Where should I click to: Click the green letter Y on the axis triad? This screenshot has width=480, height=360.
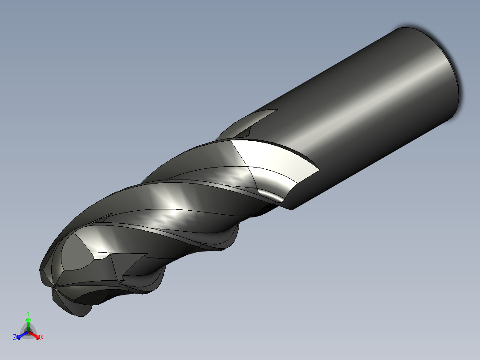(28, 313)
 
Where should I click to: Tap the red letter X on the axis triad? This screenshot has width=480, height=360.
(42, 337)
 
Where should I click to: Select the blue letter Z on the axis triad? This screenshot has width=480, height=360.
(15, 337)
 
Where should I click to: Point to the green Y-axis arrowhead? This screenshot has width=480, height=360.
(28, 320)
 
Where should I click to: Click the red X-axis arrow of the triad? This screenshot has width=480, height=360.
(35, 335)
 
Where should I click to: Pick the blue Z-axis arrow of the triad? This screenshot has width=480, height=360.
(22, 335)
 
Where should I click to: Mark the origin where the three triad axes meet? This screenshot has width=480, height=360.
(28, 332)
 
